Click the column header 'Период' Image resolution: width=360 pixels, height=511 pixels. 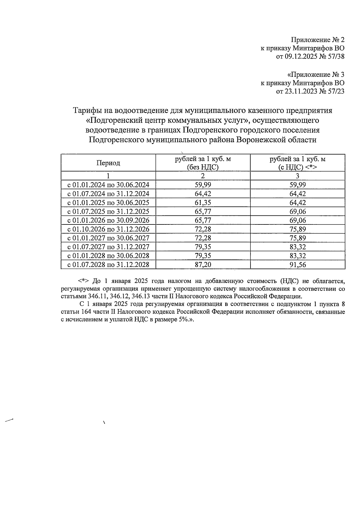[108, 163]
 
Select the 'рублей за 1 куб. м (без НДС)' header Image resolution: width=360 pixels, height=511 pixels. [203, 163]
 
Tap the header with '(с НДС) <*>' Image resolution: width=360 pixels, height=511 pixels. [297, 167]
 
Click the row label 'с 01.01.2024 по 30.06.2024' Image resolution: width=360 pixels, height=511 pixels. [108, 185]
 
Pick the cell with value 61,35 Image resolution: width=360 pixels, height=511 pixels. [203, 202]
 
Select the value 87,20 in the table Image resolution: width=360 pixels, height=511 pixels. [203, 264]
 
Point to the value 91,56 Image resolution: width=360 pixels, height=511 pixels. [297, 264]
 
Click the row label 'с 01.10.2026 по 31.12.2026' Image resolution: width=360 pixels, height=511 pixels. [108, 229]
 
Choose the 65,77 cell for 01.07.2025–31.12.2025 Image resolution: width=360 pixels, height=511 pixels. [203, 211]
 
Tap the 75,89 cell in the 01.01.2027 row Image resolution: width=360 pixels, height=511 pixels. [297, 238]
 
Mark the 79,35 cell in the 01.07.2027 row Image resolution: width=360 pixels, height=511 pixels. [203, 247]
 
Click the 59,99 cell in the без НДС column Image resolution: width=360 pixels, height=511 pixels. [203, 185]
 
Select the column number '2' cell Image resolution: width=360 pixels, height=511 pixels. [203, 176]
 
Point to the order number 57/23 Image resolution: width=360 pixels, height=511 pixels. [336, 91]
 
